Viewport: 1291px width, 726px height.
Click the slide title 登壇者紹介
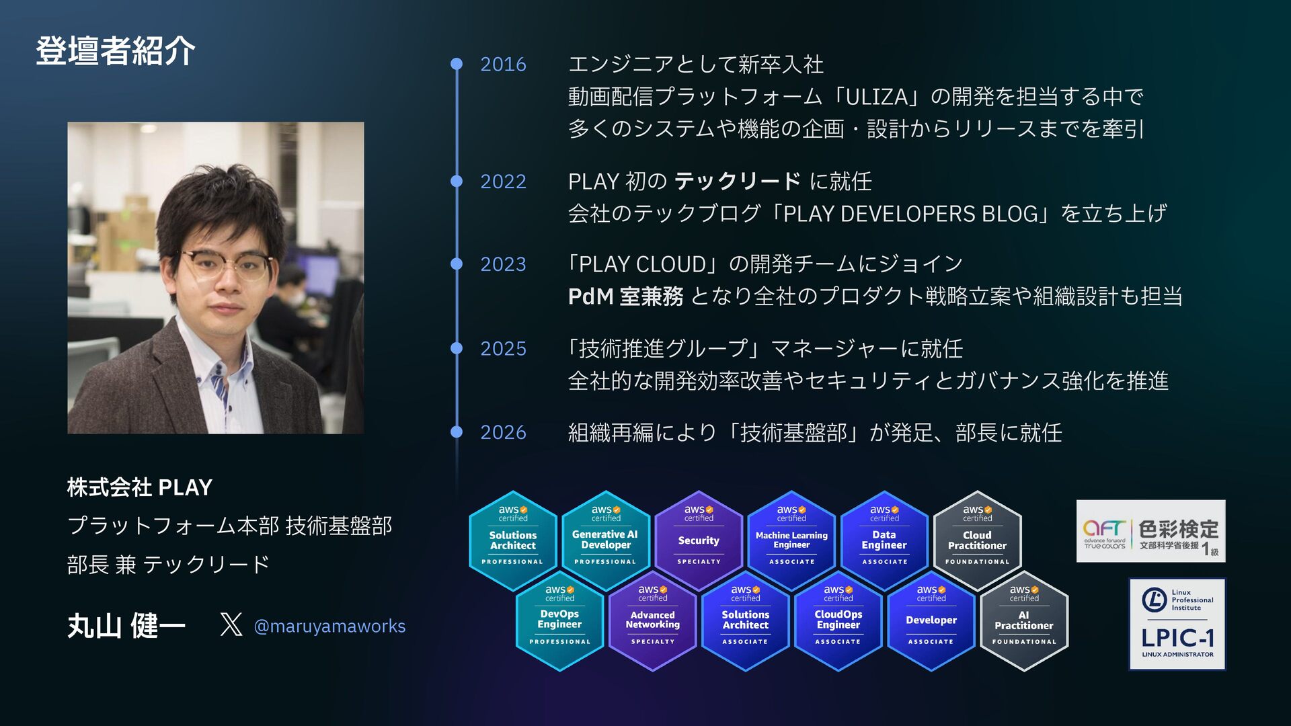click(115, 51)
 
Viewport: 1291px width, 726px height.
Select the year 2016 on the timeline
click(503, 65)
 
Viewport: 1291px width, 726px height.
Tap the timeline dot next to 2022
click(457, 182)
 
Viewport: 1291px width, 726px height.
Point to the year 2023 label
click(503, 264)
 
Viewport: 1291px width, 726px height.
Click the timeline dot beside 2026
click(457, 432)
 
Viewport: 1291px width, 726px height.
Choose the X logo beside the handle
click(231, 624)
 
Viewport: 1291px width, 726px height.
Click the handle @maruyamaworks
click(329, 627)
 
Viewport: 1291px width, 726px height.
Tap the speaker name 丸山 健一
click(126, 626)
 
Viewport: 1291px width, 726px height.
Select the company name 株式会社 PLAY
click(140, 487)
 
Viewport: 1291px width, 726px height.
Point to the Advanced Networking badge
click(652, 620)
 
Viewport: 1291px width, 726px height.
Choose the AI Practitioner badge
click(1024, 620)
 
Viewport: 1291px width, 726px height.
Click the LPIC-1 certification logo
click(1177, 624)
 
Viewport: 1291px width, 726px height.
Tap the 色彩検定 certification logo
click(1150, 531)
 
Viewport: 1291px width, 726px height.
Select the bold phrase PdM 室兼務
click(625, 296)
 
